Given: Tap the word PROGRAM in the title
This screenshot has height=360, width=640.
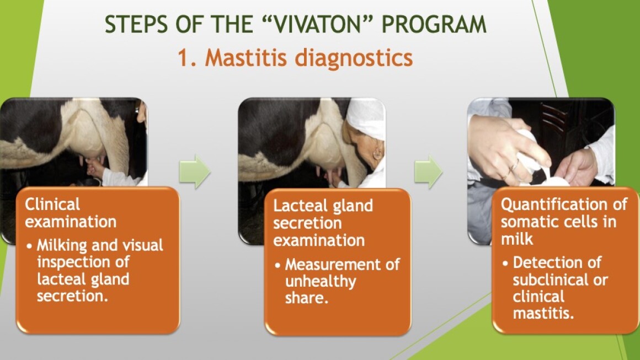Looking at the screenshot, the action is [x=434, y=24].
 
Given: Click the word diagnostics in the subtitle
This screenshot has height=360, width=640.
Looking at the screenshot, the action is [x=354, y=58].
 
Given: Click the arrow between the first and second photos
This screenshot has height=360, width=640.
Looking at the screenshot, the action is [x=195, y=171].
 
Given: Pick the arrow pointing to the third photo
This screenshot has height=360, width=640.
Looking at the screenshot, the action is [x=429, y=171].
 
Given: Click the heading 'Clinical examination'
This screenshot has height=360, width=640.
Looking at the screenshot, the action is [x=71, y=213].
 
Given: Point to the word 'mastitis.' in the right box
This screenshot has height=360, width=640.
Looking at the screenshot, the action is [x=543, y=314].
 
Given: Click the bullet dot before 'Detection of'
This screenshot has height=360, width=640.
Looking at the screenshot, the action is [x=505, y=264].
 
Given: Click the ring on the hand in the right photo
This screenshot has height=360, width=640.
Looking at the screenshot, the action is [x=514, y=166].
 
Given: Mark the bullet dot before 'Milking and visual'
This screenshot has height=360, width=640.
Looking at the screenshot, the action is [x=29, y=246].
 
